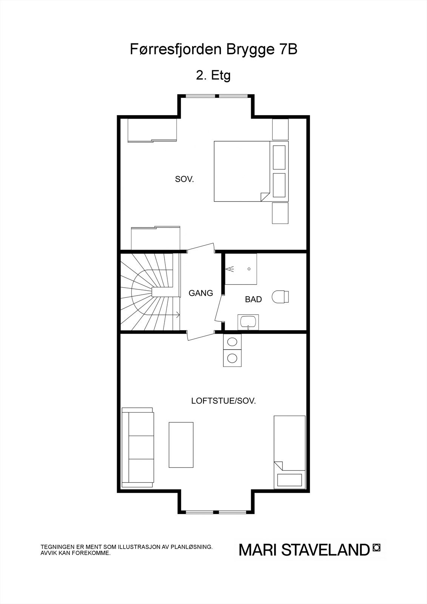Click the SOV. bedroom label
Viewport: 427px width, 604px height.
coord(184,179)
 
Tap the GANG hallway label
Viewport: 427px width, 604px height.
coord(201,293)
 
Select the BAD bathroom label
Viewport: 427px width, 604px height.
coord(253,299)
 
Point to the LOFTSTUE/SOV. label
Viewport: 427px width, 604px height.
coord(224,401)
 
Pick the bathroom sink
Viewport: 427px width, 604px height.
coord(248,322)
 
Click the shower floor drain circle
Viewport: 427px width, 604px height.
coord(249,269)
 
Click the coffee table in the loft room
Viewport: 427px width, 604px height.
coord(181,445)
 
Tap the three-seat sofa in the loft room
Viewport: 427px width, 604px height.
coord(138,447)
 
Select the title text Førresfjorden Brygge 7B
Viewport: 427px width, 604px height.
coord(214,49)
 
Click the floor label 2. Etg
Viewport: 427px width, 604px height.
coord(213,75)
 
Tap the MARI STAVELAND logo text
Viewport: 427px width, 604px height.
coord(304,550)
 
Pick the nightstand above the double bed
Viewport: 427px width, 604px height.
coord(281,129)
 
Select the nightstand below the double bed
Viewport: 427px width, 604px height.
coord(280,213)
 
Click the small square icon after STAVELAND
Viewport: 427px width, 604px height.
coord(376,547)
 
